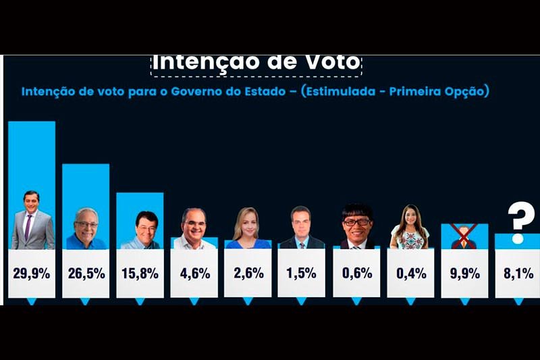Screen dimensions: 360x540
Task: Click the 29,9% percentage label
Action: pyautogui.click(x=31, y=274)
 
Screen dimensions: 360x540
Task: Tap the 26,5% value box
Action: pyautogui.click(x=86, y=274)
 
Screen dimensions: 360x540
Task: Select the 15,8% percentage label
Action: pyautogui.click(x=140, y=274)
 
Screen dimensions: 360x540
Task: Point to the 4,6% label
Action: pyautogui.click(x=194, y=274)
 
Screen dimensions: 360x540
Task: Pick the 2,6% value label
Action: pyautogui.click(x=247, y=274)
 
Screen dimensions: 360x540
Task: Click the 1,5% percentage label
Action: pyautogui.click(x=301, y=274)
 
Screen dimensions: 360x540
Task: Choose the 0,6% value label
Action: pyautogui.click(x=356, y=274)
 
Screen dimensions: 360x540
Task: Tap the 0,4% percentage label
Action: pyautogui.click(x=410, y=274)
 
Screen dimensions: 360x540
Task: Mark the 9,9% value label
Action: pyautogui.click(x=464, y=274)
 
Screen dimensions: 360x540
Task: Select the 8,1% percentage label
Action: pyautogui.click(x=518, y=274)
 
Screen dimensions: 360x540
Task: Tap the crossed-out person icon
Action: pyautogui.click(x=464, y=236)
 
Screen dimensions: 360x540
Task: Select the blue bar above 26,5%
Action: pyautogui.click(x=86, y=186)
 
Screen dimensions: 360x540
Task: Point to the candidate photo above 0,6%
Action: pyautogui.click(x=356, y=226)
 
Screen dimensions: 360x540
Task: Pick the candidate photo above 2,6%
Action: pyautogui.click(x=247, y=228)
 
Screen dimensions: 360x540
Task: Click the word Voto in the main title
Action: pyautogui.click(x=329, y=62)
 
